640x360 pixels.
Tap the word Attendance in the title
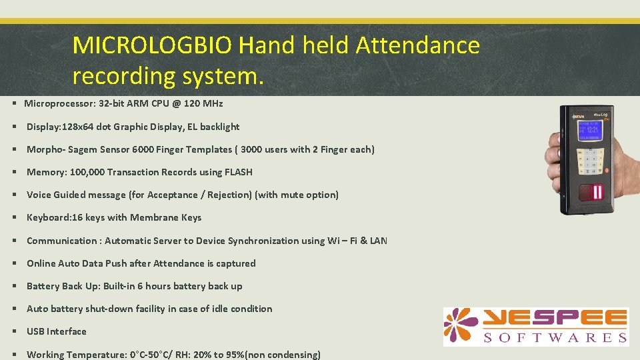tap(417, 46)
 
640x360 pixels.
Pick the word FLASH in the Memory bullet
tap(239, 172)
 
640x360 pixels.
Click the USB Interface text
tap(57, 331)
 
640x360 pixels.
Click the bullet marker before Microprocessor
tap(14, 104)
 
